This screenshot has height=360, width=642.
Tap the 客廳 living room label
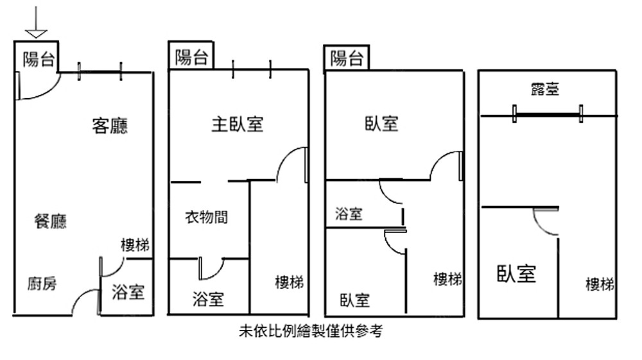tap(110, 126)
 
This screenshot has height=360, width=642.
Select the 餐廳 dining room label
tap(50, 222)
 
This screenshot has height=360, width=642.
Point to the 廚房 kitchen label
tap(42, 283)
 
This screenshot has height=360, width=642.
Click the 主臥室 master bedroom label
tap(237, 124)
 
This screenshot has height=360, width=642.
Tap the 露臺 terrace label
tap(545, 89)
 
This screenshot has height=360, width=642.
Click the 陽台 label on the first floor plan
tap(38, 60)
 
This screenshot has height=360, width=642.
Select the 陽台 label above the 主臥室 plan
tap(191, 58)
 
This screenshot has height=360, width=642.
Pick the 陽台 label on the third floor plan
tap(347, 59)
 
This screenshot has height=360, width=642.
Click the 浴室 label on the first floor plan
tap(128, 293)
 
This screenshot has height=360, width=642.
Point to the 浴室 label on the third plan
tap(349, 214)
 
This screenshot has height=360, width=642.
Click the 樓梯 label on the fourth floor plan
tap(600, 284)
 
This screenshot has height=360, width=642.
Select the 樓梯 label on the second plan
tap(289, 282)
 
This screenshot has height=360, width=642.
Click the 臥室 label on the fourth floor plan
tap(516, 274)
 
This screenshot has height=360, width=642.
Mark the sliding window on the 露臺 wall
tap(548, 115)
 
